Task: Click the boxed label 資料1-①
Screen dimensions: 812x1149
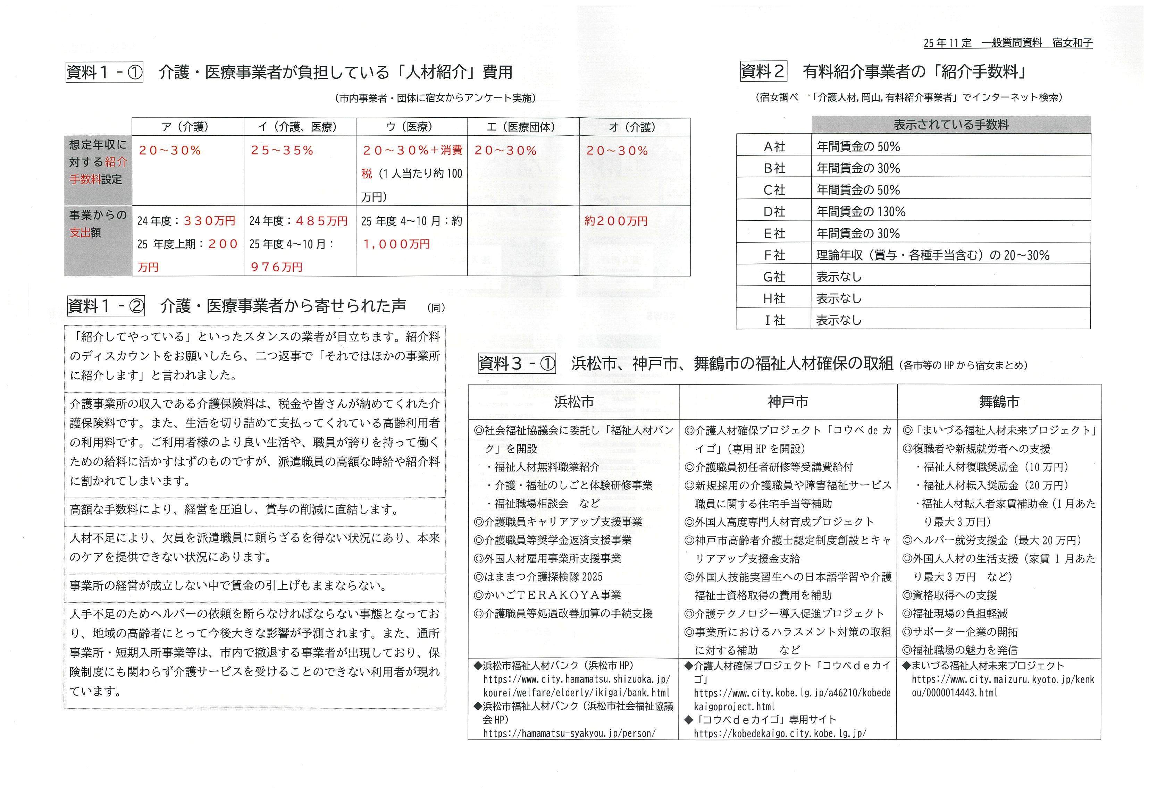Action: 104,72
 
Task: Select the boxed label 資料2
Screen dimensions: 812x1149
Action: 763,71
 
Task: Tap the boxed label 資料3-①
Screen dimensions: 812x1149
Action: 517,364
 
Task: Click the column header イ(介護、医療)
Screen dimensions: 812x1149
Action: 299,127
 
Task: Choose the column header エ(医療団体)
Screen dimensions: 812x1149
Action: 523,127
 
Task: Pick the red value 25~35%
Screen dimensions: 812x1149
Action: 282,151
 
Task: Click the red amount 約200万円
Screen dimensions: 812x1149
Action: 616,221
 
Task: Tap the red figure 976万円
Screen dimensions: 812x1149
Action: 277,267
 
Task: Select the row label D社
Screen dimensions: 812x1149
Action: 774,212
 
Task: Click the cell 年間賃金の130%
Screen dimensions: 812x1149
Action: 861,212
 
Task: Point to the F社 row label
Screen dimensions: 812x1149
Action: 774,255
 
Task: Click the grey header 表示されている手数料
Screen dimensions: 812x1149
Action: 951,125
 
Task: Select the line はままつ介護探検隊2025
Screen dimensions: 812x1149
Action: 538,577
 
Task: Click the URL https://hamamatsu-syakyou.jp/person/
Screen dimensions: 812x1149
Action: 569,734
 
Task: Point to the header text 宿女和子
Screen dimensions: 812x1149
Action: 1072,43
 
